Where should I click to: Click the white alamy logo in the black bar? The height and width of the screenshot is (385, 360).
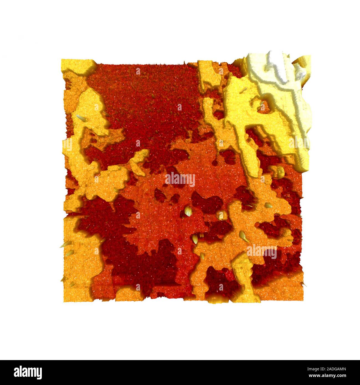pos(28,372)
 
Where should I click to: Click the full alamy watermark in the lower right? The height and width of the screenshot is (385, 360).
pos(262,251)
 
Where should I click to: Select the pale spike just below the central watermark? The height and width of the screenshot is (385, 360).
pos(188,212)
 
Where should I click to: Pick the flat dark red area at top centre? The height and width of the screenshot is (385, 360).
pos(144,89)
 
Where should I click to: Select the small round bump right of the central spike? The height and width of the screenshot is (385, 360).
pos(221,215)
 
